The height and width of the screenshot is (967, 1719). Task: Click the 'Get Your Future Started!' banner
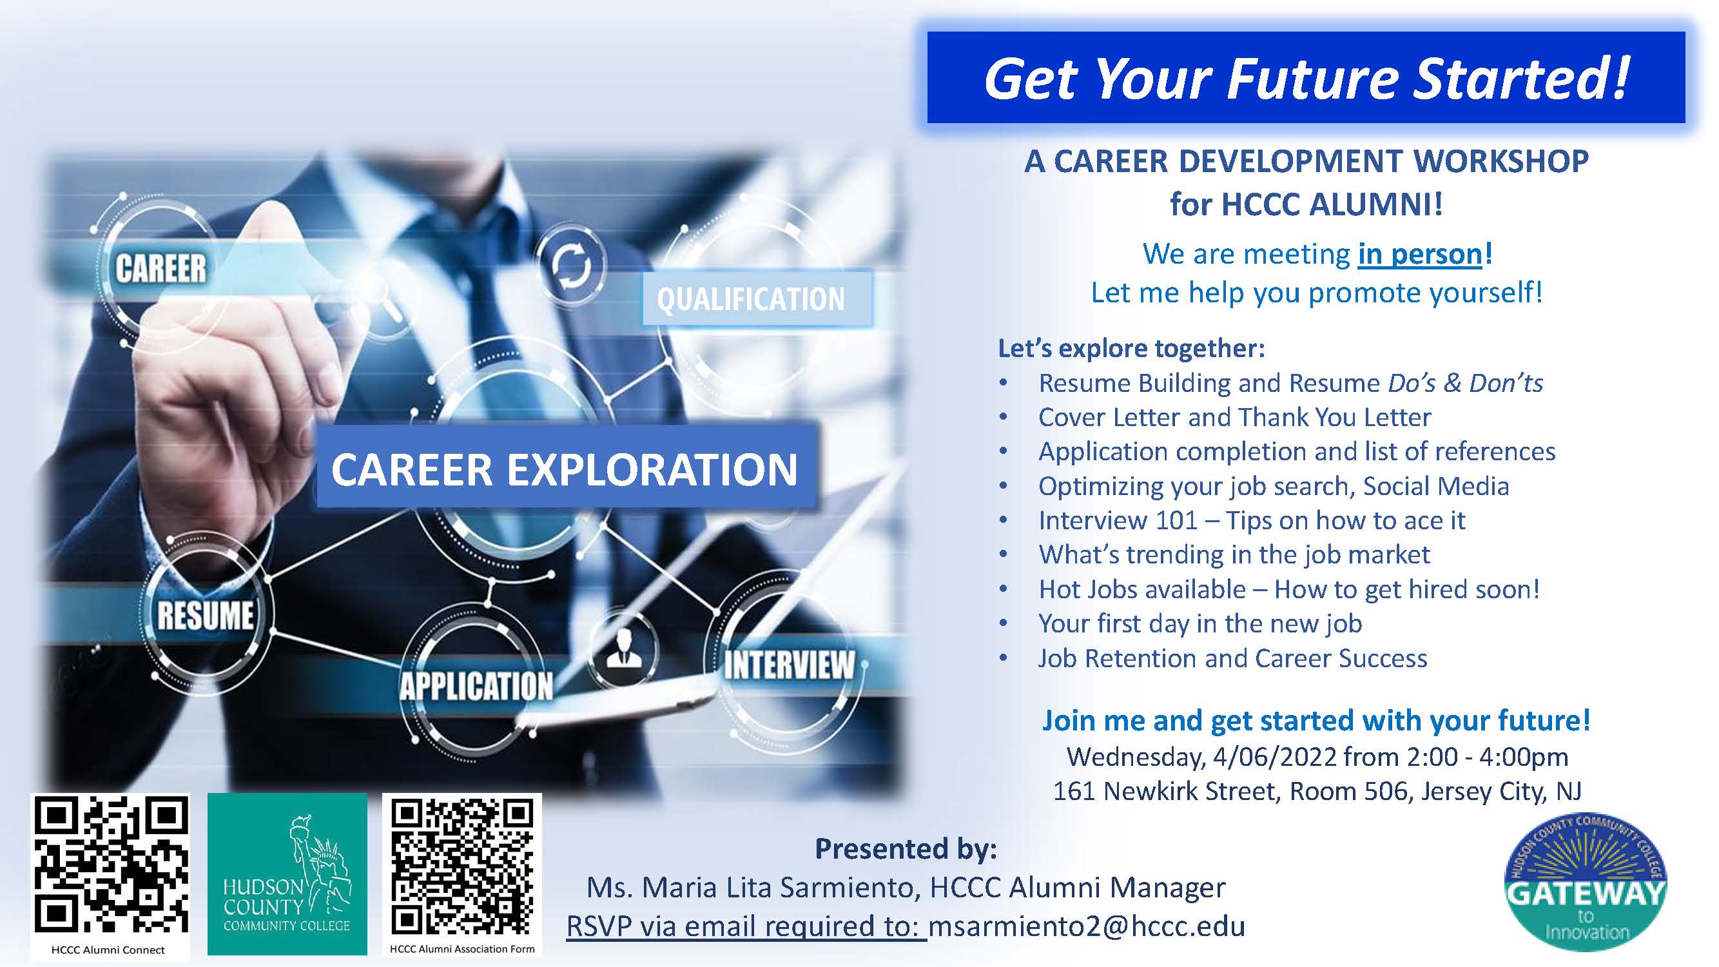click(x=1305, y=77)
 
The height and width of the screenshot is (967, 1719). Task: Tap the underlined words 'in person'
click(x=1420, y=254)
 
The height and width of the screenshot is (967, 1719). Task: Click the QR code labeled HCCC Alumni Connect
click(x=111, y=866)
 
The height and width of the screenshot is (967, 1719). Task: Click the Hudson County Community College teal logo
click(x=287, y=874)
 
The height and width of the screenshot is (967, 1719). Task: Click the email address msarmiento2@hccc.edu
click(x=1087, y=926)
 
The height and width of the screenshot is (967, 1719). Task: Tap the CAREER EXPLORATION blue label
click(x=566, y=469)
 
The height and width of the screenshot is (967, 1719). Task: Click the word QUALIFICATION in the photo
click(x=751, y=299)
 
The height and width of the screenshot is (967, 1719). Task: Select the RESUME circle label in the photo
click(x=206, y=614)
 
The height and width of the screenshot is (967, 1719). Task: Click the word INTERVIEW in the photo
click(x=789, y=665)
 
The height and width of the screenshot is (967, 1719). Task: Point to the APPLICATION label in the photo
click(x=476, y=686)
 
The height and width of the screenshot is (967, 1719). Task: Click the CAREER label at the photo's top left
click(x=161, y=268)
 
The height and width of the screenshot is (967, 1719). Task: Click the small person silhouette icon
click(x=624, y=649)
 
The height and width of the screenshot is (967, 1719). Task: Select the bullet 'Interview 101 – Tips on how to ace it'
click(x=1252, y=520)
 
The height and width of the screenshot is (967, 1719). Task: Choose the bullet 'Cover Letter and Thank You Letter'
click(x=1234, y=418)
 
